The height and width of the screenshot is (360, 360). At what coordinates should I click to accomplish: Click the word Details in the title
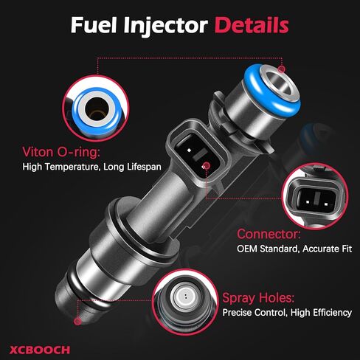(251, 26)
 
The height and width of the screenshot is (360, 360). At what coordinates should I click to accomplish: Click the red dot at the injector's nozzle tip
(78, 322)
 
